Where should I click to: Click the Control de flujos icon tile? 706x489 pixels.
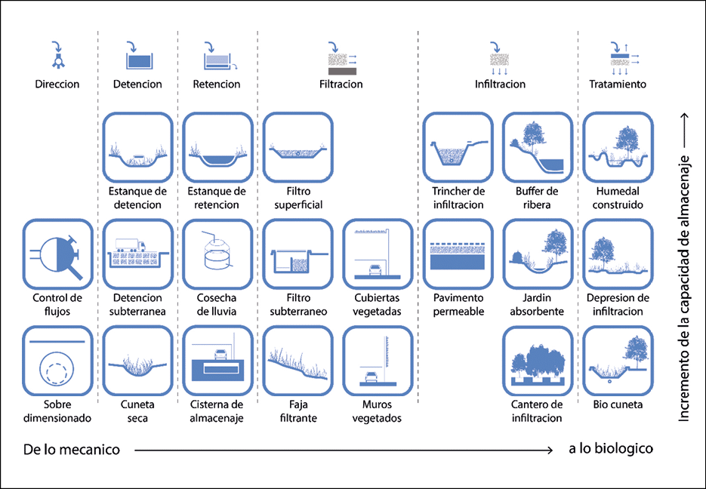[57, 254]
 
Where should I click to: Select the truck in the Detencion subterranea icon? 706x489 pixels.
[131, 244]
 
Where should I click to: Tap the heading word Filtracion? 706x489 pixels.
[341, 84]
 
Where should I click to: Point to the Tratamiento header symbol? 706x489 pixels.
[624, 59]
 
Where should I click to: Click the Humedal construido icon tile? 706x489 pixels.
[618, 148]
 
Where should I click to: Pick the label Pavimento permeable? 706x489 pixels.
[458, 305]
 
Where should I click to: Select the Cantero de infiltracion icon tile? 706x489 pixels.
[538, 361]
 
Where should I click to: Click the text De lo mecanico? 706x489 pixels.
[72, 450]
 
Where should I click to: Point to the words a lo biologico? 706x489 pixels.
[611, 448]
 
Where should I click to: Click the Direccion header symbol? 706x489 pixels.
[58, 55]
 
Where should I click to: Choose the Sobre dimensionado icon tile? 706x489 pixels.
[57, 361]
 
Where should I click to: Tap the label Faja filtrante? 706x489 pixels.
[298, 411]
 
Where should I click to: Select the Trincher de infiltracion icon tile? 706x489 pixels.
[458, 148]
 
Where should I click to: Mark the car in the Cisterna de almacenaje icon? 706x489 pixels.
[220, 355]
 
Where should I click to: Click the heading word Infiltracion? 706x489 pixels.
[500, 84]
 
